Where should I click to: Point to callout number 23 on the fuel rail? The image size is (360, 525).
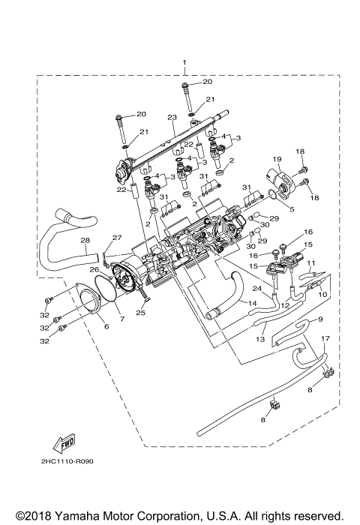pos(171,118)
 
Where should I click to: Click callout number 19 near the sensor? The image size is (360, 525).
pos(276,159)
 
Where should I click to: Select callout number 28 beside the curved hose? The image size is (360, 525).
pos(85,241)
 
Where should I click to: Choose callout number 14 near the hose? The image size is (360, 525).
pos(252,303)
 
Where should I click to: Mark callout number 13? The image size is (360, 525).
pos(260,339)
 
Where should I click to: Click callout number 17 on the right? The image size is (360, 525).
pos(325,338)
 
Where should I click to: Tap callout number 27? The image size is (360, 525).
pos(116,238)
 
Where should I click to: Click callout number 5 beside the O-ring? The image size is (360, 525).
pos(292,210)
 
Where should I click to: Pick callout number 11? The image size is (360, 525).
pos(310,263)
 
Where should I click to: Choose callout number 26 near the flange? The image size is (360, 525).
pos(95,269)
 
